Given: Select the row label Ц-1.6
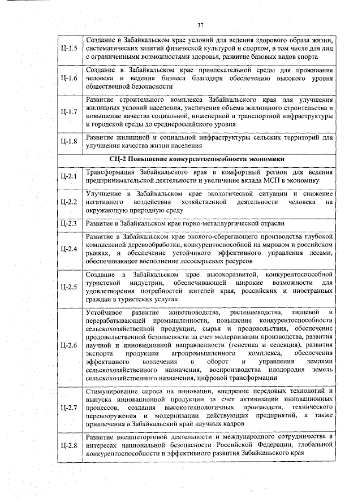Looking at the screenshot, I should coord(68,78).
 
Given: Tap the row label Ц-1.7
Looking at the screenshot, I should coord(68,111).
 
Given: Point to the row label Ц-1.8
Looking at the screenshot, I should coord(68,141).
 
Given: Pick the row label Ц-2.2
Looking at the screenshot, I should coord(68,202).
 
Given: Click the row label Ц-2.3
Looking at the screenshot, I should coord(68,224).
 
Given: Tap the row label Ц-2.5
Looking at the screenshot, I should coord(68,287).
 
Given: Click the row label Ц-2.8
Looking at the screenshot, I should coord(68,446).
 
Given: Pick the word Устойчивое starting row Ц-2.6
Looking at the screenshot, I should coord(105,312).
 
